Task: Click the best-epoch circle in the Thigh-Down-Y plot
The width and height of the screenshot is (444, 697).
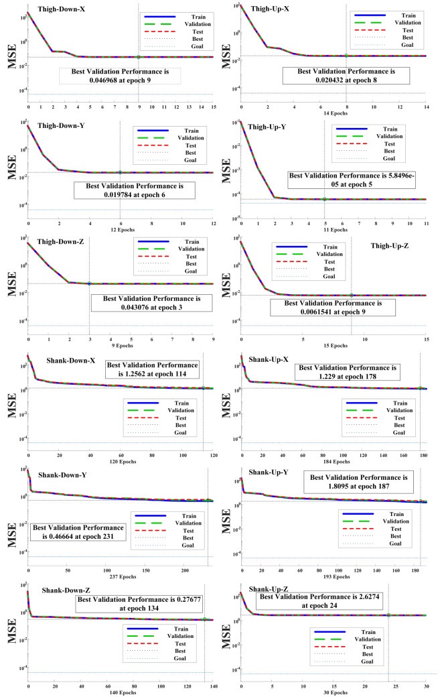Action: click(120, 173)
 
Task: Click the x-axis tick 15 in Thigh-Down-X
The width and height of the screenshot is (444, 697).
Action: click(213, 107)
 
